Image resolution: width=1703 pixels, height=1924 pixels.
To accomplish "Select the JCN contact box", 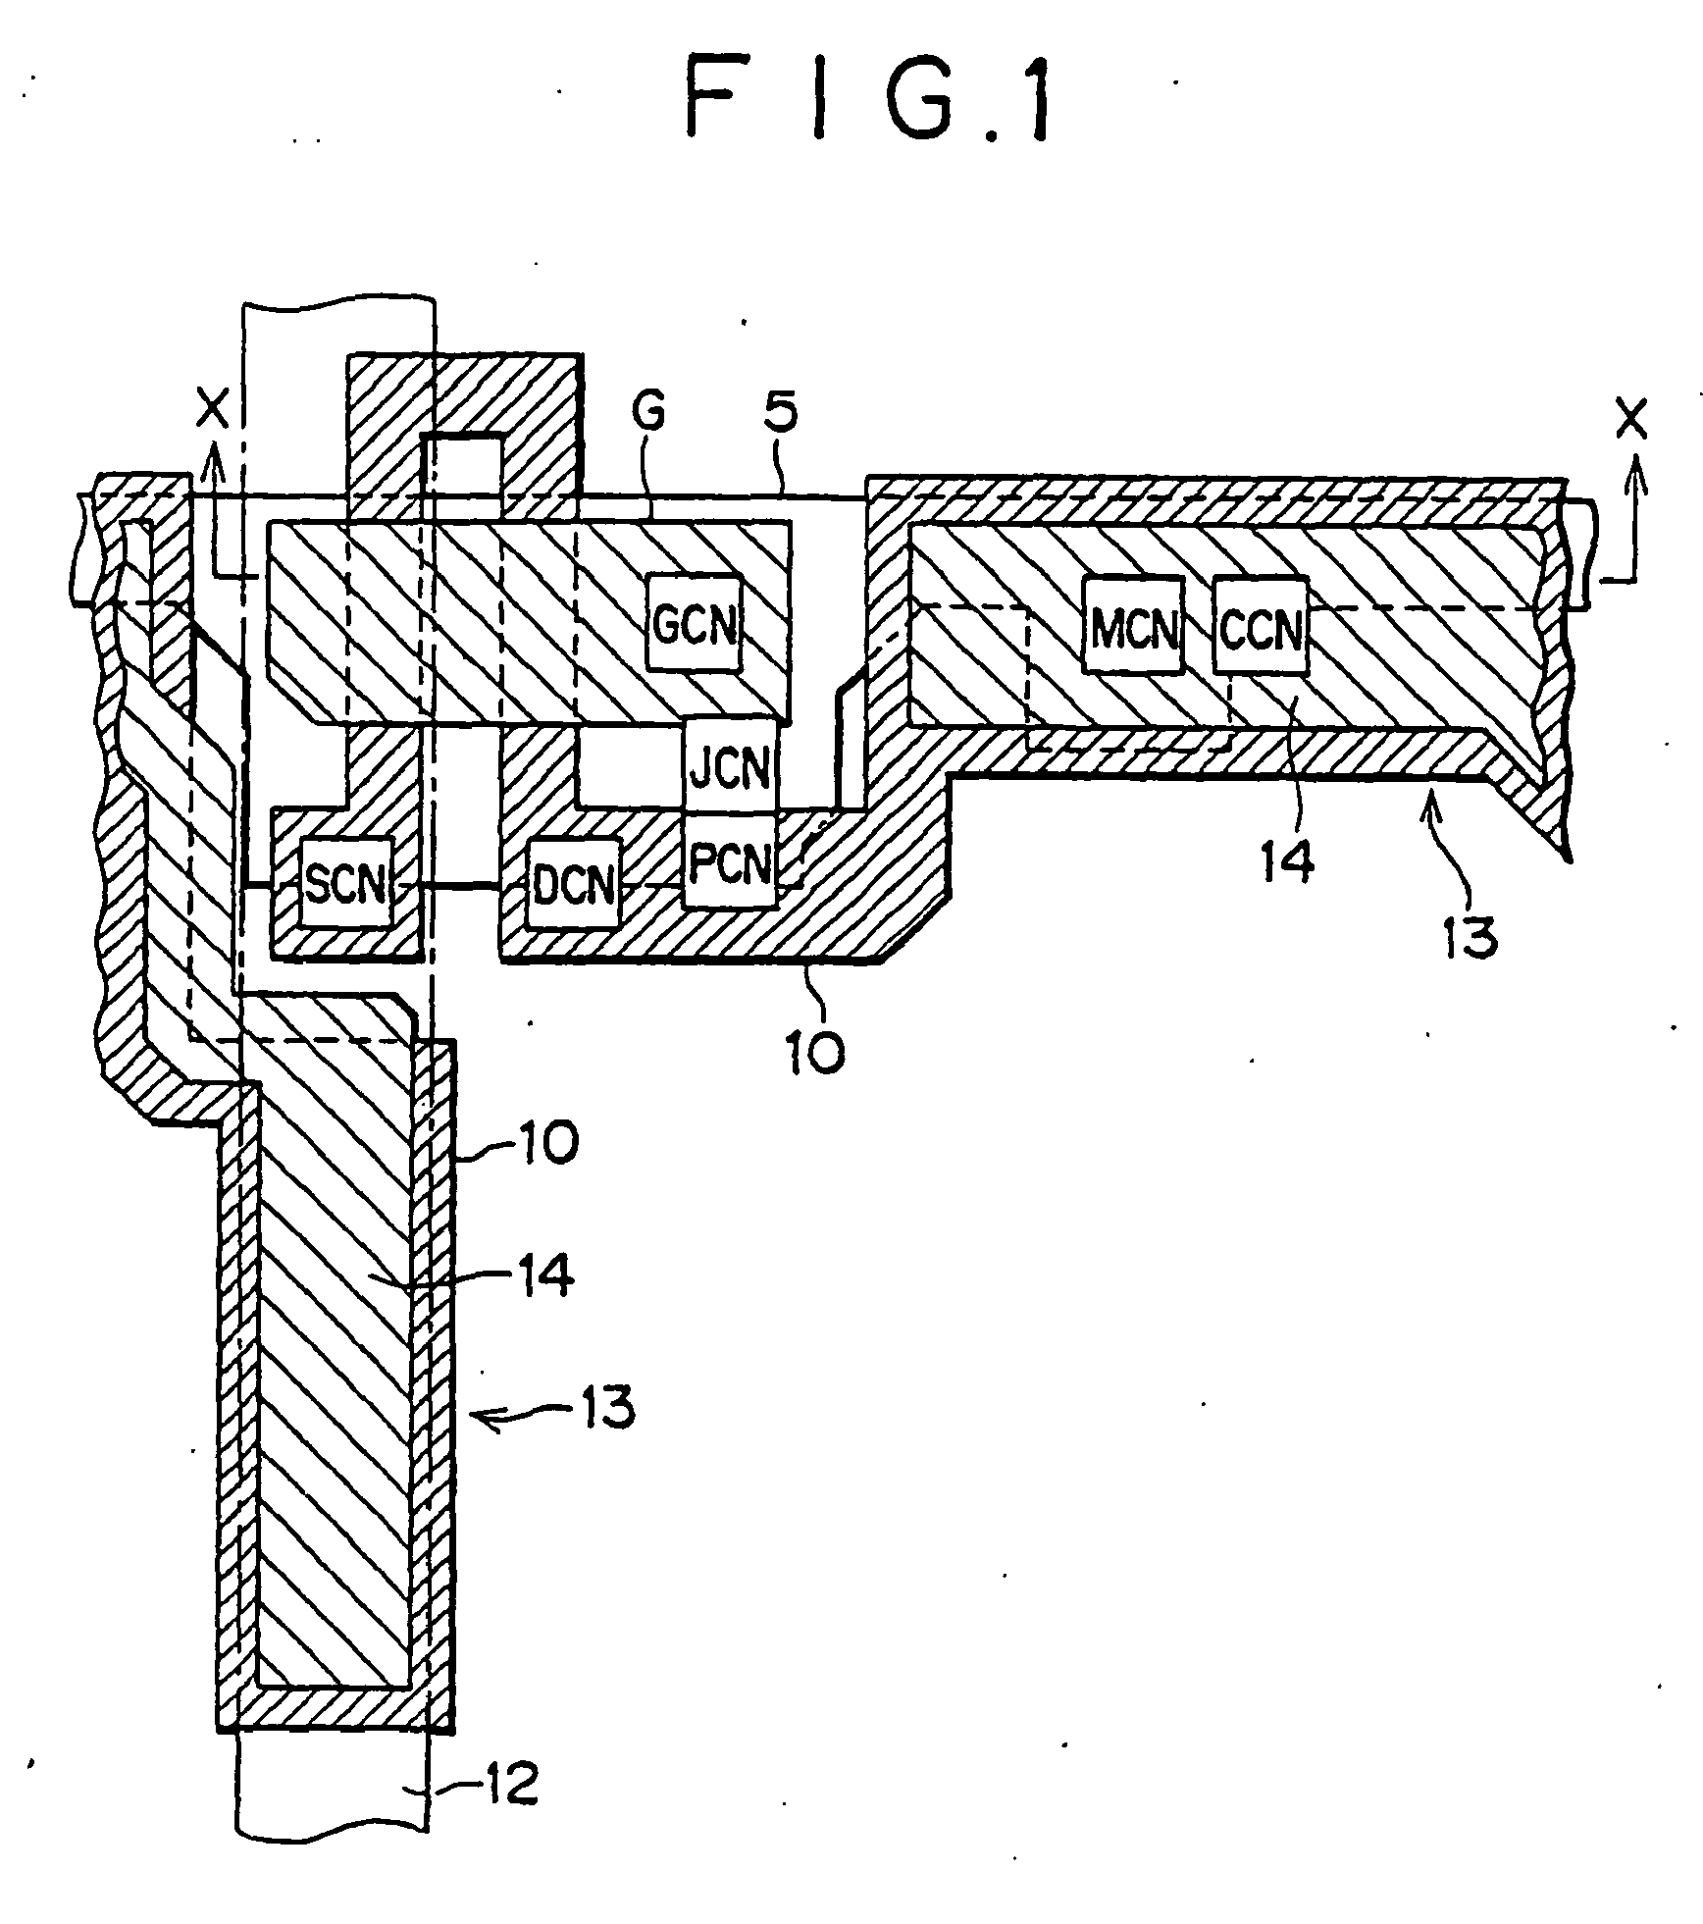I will pos(732,768).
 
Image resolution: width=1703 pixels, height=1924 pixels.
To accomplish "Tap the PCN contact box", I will pos(732,861).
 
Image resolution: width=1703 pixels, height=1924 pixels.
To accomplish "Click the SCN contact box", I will pos(346,883).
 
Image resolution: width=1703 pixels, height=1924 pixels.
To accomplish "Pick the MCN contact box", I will pos(1134,625).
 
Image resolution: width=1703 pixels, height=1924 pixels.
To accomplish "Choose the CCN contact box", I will pos(1262,625).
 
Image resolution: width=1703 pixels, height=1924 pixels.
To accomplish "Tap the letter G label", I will pos(648,413).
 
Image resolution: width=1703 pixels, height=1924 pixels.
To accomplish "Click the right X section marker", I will pos(1631,419).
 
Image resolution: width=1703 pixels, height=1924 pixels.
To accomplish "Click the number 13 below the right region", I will pos(1470,936).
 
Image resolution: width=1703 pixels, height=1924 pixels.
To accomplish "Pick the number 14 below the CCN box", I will pos(1287,861).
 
